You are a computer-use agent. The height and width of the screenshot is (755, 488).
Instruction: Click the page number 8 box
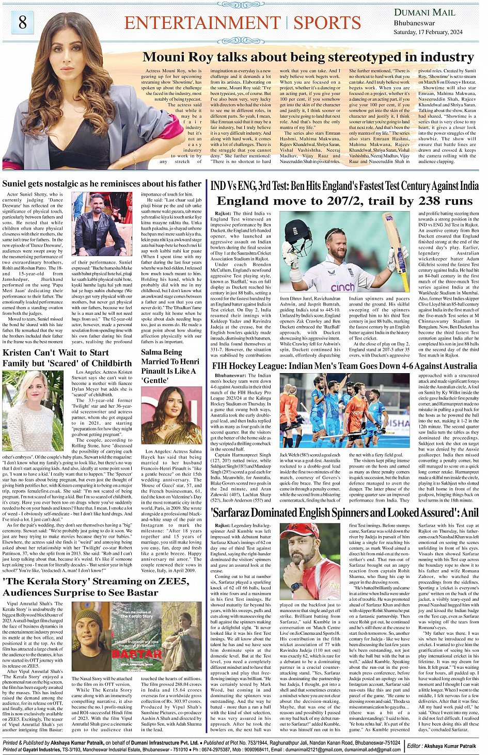click(x=23, y=22)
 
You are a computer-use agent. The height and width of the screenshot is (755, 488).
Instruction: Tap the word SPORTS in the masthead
click(x=327, y=23)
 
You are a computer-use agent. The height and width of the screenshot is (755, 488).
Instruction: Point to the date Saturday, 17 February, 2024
click(x=428, y=32)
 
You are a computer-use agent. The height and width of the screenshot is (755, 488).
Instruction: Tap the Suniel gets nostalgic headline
click(x=102, y=184)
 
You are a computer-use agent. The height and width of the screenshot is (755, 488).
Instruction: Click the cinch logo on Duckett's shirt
click(x=342, y=287)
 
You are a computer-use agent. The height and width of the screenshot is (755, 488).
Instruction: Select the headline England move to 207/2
click(x=344, y=201)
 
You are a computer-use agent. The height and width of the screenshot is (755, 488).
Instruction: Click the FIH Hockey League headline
click(x=344, y=366)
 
